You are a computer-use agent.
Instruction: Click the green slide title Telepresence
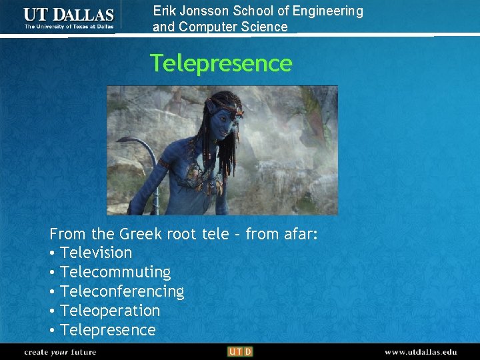click(x=221, y=63)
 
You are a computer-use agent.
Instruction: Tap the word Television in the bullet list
click(x=96, y=253)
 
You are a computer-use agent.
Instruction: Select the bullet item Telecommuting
click(x=115, y=272)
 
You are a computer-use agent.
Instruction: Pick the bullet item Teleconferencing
click(x=122, y=291)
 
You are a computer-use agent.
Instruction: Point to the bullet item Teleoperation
click(x=110, y=311)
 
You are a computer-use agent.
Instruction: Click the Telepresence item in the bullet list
click(x=107, y=330)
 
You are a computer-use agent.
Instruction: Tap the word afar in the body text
click(x=297, y=234)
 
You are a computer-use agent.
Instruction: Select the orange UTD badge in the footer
click(x=239, y=351)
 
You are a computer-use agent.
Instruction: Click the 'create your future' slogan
click(x=60, y=351)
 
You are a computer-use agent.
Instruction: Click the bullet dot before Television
click(x=52, y=253)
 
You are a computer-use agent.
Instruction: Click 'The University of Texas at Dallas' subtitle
click(x=69, y=27)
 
